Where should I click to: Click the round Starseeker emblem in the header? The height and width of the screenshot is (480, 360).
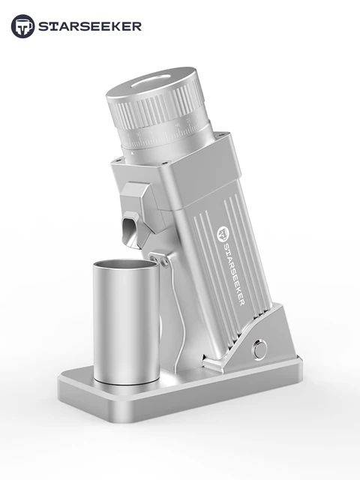pyautogui.click(x=22, y=26)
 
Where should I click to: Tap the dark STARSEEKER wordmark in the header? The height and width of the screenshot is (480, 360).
pyautogui.click(x=90, y=27)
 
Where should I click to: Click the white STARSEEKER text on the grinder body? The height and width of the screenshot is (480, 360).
pyautogui.click(x=233, y=274)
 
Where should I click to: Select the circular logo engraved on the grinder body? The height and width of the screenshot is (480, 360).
pyautogui.click(x=222, y=234)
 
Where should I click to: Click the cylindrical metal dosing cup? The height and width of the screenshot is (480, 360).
pyautogui.click(x=127, y=322)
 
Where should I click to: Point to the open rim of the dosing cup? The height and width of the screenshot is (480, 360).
pyautogui.click(x=127, y=265)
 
